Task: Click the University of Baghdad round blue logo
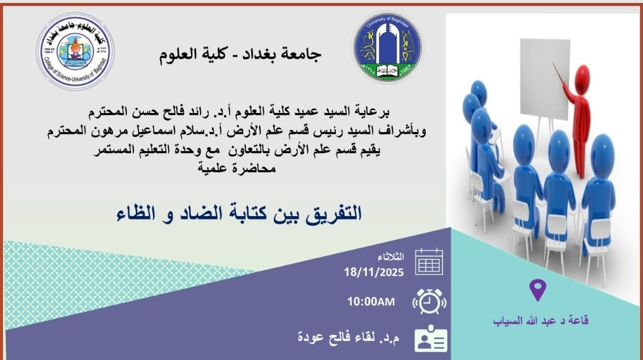388,48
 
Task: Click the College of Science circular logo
76,52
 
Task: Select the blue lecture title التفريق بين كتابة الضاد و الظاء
239,213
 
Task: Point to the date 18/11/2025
373,273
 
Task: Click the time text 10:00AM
371,302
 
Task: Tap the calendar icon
429,262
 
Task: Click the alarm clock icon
429,301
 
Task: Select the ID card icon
430,339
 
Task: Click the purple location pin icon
538,289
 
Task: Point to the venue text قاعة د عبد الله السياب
541,320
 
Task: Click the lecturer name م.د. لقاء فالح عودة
348,337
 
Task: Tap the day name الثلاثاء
391,256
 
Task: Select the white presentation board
545,78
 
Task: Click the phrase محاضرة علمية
236,168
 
